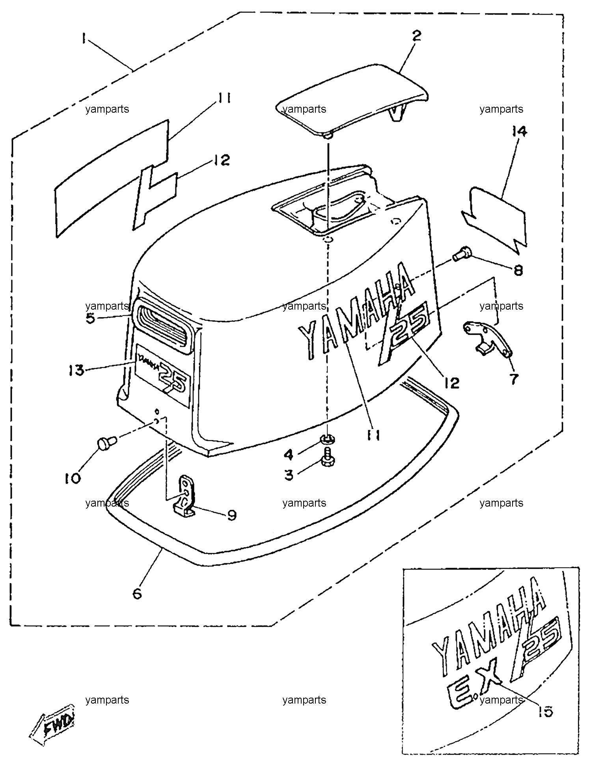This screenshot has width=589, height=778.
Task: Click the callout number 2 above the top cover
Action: point(416,35)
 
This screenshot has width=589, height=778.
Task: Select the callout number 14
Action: point(519,132)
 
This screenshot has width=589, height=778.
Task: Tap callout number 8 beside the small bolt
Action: point(518,270)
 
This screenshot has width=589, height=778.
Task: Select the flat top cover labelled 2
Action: point(352,99)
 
